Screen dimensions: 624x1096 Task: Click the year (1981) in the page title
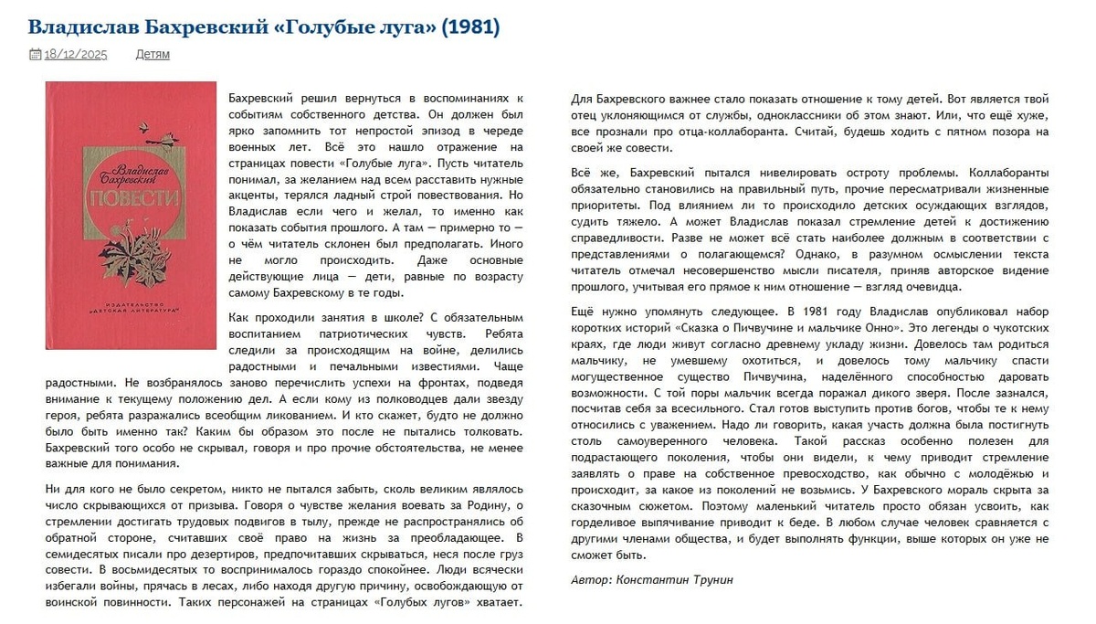click(x=470, y=27)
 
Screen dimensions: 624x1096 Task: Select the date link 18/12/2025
click(x=76, y=54)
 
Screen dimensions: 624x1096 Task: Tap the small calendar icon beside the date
click(x=35, y=54)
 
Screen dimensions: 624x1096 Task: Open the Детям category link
click(x=153, y=54)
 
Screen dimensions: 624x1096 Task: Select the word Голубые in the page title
click(x=330, y=27)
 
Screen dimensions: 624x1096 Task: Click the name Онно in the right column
click(x=875, y=326)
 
